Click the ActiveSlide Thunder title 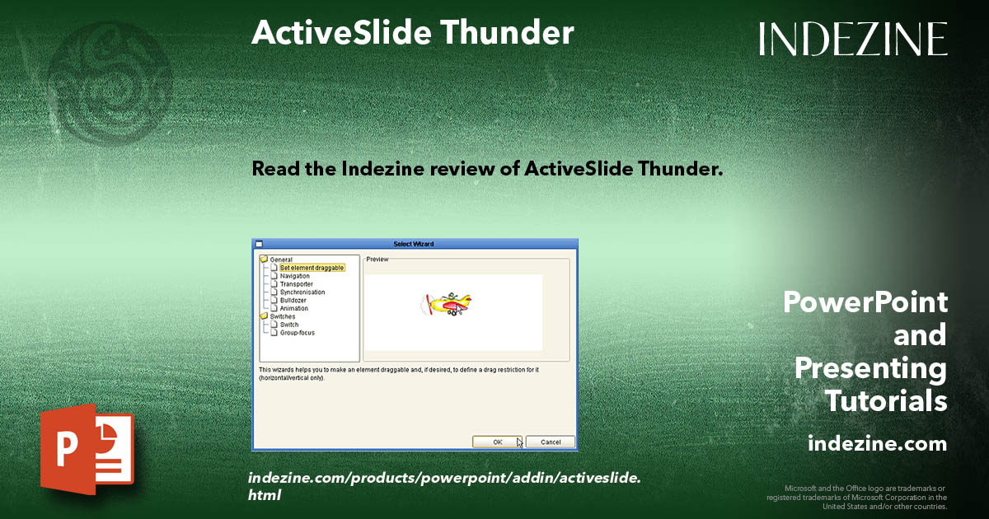[x=412, y=33]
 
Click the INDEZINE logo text [x=853, y=39]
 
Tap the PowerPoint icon [x=87, y=448]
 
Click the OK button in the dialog [x=497, y=442]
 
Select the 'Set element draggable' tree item [x=311, y=268]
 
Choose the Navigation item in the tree [x=294, y=276]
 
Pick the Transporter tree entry [x=296, y=284]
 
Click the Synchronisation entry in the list [x=302, y=292]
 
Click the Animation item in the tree [x=294, y=309]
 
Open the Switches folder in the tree [x=282, y=316]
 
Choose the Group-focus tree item [x=297, y=333]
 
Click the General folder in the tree [x=280, y=259]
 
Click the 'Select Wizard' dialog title [x=413, y=244]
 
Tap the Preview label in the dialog [x=377, y=259]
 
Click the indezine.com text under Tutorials [x=877, y=444]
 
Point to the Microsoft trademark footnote [x=856, y=497]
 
